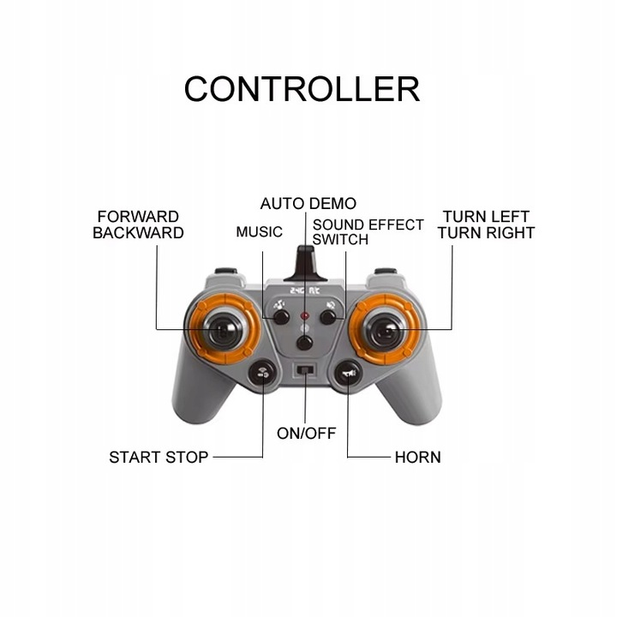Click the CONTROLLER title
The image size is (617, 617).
coord(302,88)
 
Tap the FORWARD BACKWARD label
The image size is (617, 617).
coord(138,225)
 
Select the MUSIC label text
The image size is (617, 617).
coord(259,232)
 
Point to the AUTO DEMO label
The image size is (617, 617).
coord(308,204)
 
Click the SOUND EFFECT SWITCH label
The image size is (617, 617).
coord(368,232)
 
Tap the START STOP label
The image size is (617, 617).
coord(159,458)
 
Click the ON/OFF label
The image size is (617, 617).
coord(306,433)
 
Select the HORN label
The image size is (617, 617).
coord(417,458)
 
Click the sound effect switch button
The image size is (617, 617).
coord(327,317)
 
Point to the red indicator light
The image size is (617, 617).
coord(304,316)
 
